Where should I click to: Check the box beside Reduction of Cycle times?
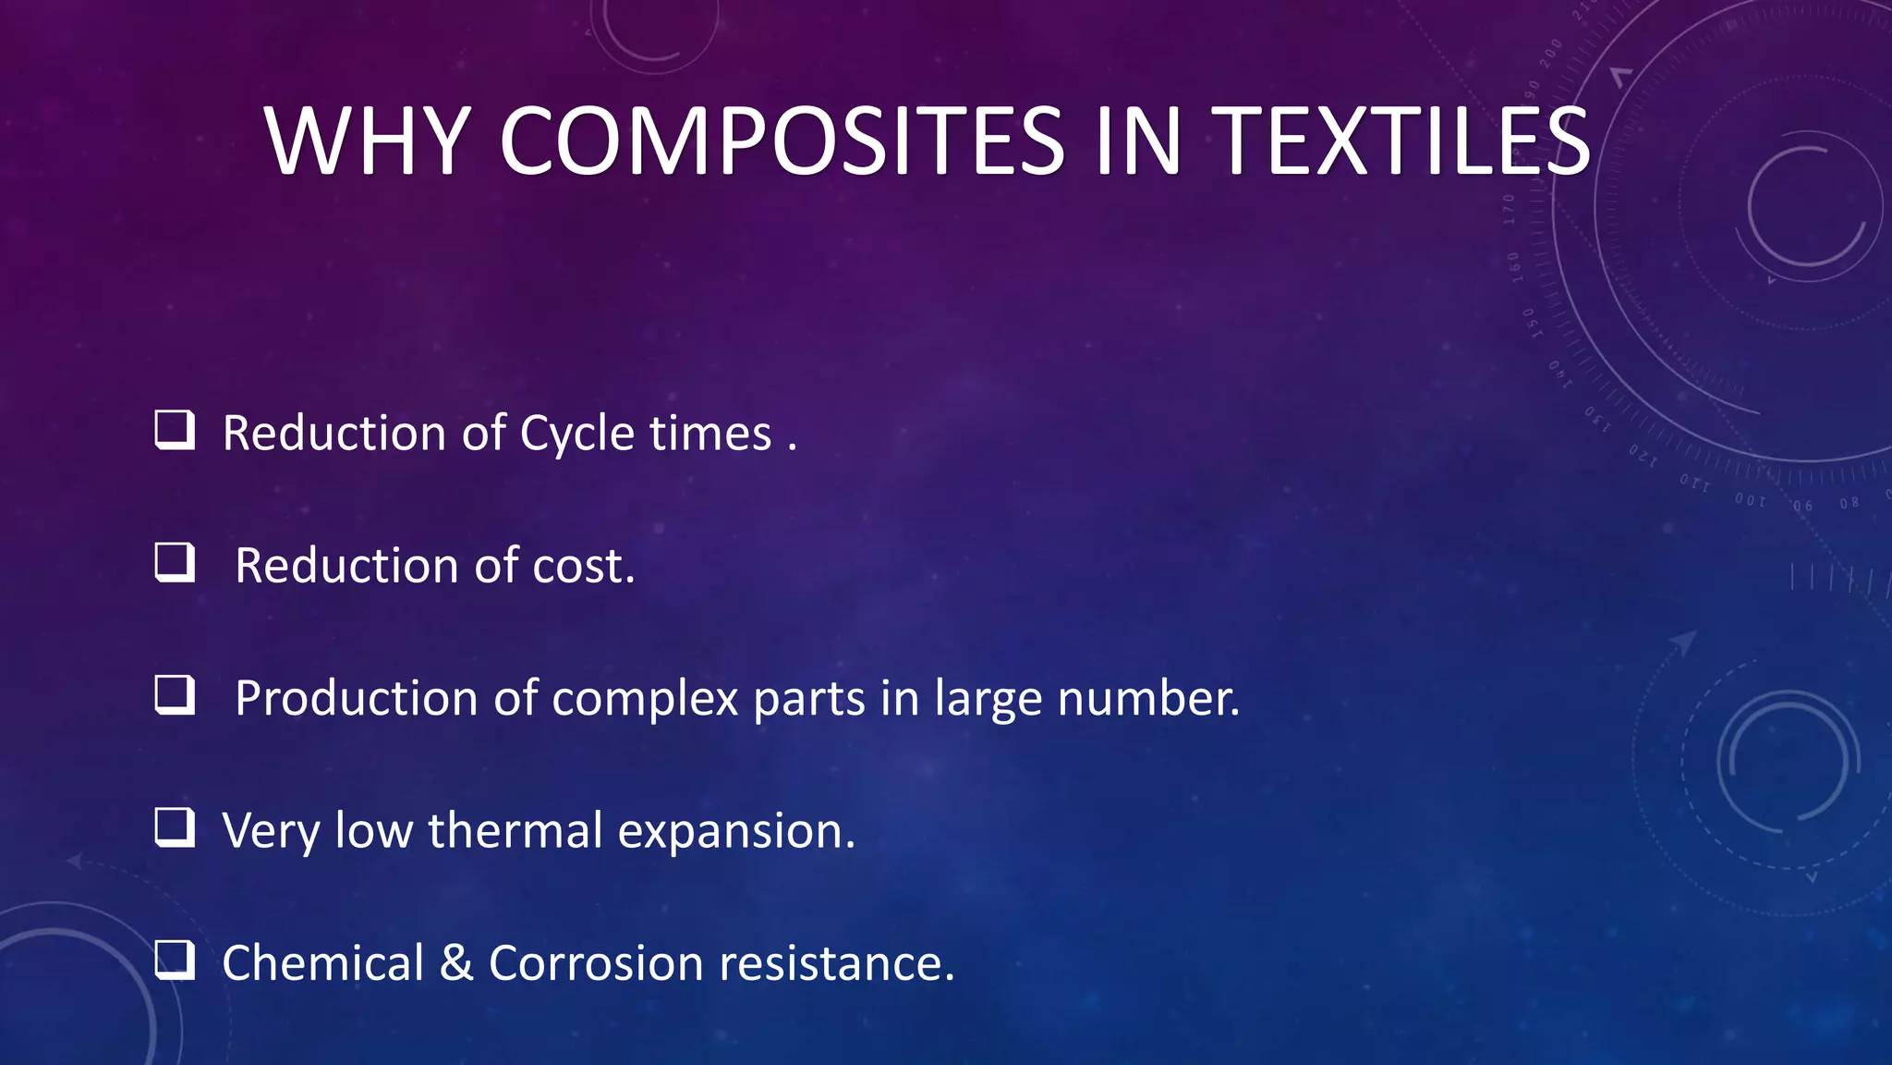point(175,430)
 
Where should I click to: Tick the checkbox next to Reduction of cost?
point(175,562)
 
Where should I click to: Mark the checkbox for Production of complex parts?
point(175,695)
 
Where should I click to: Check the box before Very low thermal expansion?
point(175,827)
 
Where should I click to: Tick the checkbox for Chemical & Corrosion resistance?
point(175,960)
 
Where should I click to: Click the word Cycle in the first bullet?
point(577,435)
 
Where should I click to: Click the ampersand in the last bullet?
point(456,963)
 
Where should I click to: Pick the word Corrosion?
point(596,963)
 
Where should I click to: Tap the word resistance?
point(836,963)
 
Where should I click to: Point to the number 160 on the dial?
point(1515,267)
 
